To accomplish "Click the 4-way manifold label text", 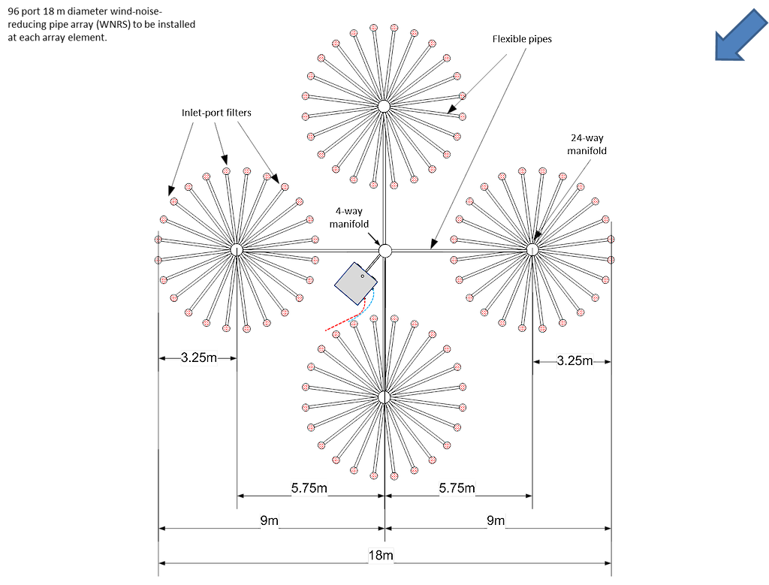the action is click(348, 217).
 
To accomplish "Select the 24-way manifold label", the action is click(587, 144).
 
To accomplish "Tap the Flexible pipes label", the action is click(522, 39).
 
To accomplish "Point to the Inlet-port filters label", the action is click(216, 113).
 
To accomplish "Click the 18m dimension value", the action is click(381, 555).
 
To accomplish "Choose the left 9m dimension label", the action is click(270, 520).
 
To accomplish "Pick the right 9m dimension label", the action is click(496, 520).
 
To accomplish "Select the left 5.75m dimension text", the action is click(309, 488).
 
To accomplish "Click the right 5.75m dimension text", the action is click(457, 488).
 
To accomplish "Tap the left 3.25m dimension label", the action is click(198, 357).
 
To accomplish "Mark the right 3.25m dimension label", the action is click(574, 361).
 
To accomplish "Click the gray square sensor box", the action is click(356, 283).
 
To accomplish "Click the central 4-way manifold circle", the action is click(385, 251).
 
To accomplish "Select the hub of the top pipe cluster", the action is click(384, 106).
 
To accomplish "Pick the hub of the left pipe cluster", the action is click(237, 249).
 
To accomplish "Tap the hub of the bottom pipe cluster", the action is click(384, 397).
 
